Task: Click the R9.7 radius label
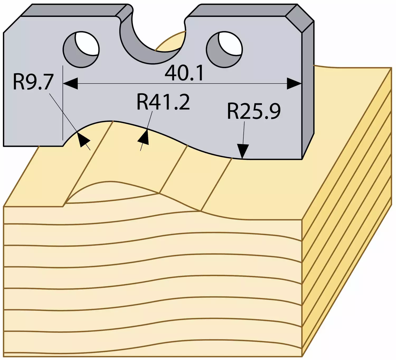click(x=33, y=82)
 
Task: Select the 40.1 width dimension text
click(x=184, y=74)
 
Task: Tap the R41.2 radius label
click(x=163, y=102)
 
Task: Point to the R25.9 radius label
click(x=254, y=111)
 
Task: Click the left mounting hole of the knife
click(x=81, y=49)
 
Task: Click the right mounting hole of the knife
click(x=224, y=50)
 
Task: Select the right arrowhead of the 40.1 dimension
click(x=294, y=84)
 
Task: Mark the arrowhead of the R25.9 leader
click(x=243, y=151)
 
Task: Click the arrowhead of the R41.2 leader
click(x=144, y=137)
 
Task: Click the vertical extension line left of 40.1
click(x=63, y=103)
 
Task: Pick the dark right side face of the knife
click(x=308, y=89)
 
